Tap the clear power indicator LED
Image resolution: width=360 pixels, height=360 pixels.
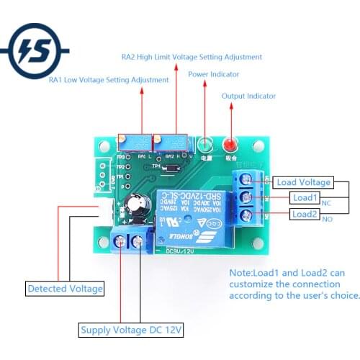click(x=205, y=144)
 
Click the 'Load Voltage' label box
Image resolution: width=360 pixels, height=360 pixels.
click(x=304, y=182)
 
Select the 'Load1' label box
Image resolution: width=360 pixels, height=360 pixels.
click(x=304, y=197)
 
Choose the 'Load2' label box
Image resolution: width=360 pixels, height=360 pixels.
click(x=304, y=214)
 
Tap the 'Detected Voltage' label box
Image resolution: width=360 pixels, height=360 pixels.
click(x=65, y=289)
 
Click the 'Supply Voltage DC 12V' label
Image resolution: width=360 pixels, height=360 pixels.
click(x=131, y=330)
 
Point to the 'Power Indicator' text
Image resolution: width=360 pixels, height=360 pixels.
click(x=214, y=74)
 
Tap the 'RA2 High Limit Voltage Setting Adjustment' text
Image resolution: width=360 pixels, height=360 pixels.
click(x=192, y=57)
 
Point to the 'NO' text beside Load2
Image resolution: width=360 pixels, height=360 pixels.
click(x=328, y=219)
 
